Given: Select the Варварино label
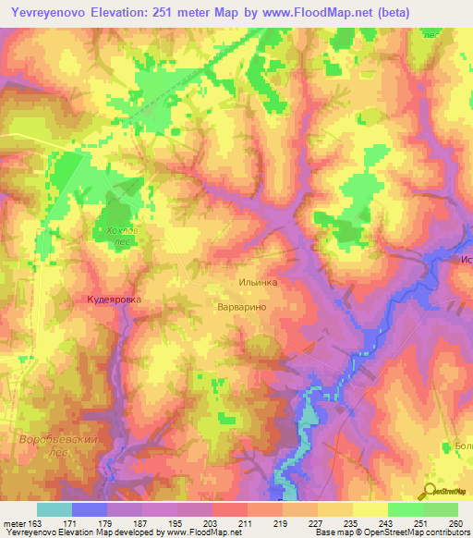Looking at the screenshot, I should pyautogui.click(x=242, y=305).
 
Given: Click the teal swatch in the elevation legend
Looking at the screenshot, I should pyautogui.click(x=54, y=509).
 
